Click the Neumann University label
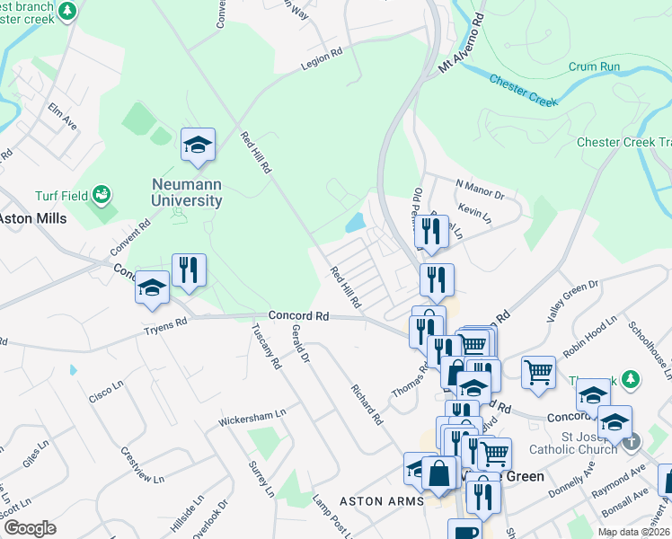pyautogui.click(x=186, y=190)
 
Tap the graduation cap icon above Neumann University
pyautogui.click(x=198, y=145)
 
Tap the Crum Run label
pyautogui.click(x=594, y=66)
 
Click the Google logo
pyautogui.click(x=30, y=528)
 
